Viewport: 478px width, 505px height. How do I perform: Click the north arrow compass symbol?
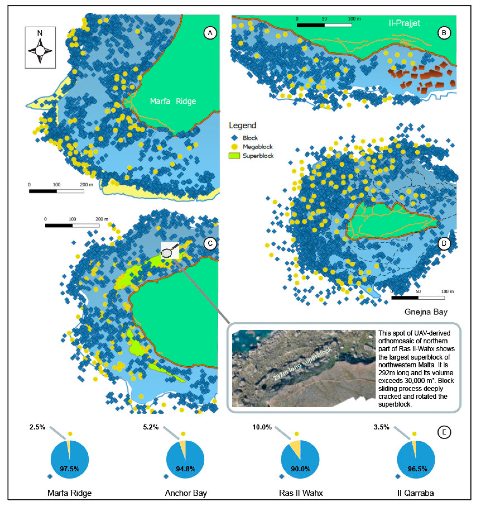pyautogui.click(x=40, y=50)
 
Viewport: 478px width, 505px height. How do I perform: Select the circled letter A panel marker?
pyautogui.click(x=210, y=33)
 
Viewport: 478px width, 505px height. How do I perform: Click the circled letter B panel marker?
pyautogui.click(x=444, y=33)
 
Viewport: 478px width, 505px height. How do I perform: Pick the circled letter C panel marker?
pyautogui.click(x=210, y=244)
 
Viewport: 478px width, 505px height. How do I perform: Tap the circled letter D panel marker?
pyautogui.click(x=444, y=244)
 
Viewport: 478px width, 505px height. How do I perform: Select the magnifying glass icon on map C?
pyautogui.click(x=170, y=251)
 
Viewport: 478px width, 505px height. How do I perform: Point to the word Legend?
pyautogui.click(x=242, y=126)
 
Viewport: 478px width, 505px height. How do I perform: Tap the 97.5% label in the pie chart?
pyautogui.click(x=70, y=469)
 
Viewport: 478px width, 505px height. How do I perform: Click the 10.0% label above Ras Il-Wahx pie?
pyautogui.click(x=262, y=427)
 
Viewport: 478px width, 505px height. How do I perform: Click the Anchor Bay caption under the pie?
pyautogui.click(x=186, y=493)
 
